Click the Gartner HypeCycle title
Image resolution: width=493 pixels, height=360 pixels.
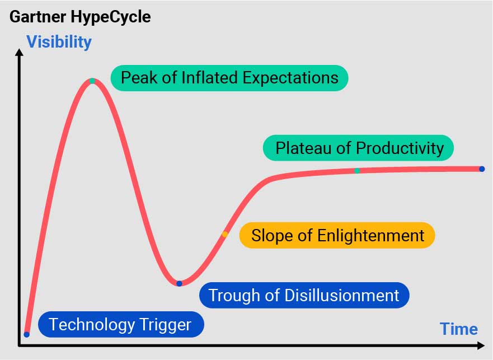click(80, 17)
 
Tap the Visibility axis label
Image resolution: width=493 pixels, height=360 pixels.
click(59, 42)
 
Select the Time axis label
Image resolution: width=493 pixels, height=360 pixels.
click(459, 329)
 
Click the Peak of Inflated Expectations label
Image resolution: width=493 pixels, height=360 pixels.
click(229, 78)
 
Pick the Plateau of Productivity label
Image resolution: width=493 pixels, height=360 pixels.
click(359, 148)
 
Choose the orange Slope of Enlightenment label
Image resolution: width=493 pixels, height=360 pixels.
click(337, 235)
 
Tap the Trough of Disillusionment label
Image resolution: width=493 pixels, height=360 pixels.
click(304, 295)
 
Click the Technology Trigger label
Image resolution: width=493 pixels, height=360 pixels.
click(121, 324)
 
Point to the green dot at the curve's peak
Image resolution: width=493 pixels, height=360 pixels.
click(92, 81)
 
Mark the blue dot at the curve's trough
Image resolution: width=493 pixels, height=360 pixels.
click(179, 283)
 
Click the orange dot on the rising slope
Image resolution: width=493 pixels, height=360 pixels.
click(225, 234)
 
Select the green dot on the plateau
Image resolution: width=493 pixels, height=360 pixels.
click(357, 171)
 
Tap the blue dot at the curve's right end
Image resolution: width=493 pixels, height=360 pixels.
click(482, 169)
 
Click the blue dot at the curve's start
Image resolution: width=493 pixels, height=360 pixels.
click(27, 334)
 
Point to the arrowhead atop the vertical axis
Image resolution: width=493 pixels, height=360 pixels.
click(19, 52)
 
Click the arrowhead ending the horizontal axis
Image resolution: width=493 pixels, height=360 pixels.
click(481, 345)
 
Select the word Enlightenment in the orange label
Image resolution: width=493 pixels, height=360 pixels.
click(370, 236)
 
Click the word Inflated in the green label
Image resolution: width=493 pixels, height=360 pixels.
click(209, 78)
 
